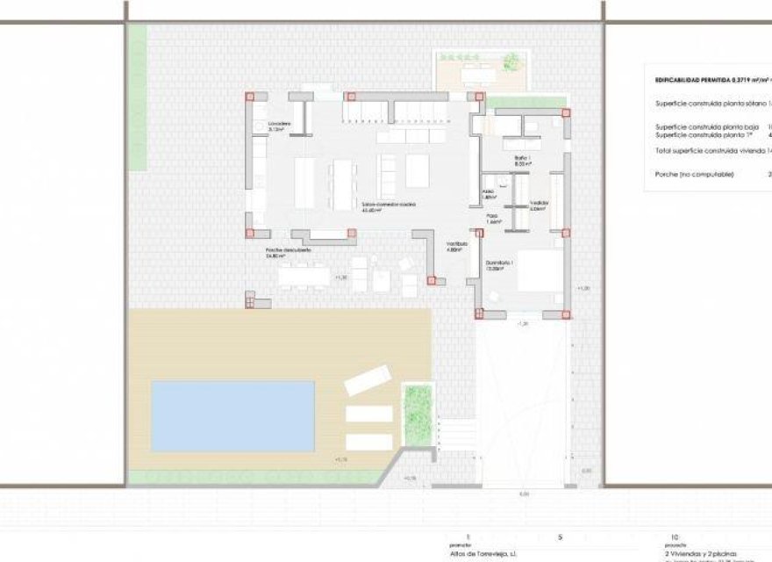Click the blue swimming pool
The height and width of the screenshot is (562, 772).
pos(232,415)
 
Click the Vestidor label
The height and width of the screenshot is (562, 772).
pos(540,204)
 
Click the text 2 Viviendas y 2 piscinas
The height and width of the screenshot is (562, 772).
pos(703,555)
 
